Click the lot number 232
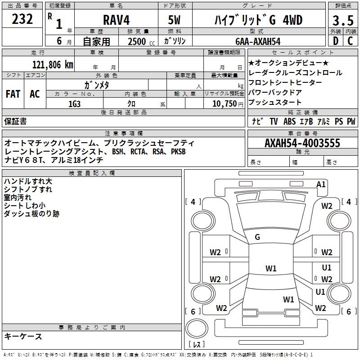point(22,19)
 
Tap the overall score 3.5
point(342,21)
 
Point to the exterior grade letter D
point(335,41)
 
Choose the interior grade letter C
point(350,41)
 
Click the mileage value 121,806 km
point(53,64)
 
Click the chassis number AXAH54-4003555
point(302,143)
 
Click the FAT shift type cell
point(13,94)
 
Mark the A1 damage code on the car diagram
point(321,184)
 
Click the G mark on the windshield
point(257,237)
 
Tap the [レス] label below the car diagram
point(196,344)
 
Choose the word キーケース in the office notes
point(23,336)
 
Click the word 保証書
point(15,121)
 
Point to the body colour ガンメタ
point(97,85)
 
